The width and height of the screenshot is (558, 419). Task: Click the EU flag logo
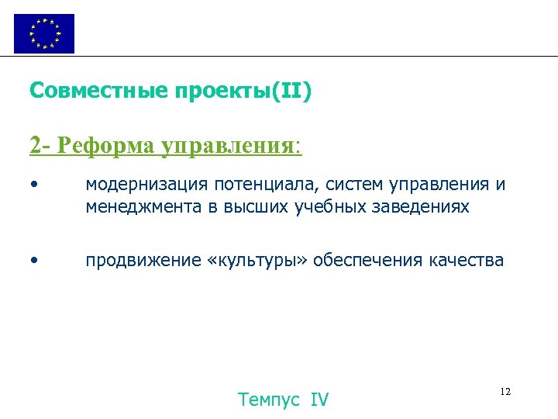pyautogui.click(x=44, y=33)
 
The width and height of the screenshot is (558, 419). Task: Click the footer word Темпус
pyautogui.click(x=270, y=400)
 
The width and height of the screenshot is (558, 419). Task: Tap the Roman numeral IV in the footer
pyautogui.click(x=319, y=400)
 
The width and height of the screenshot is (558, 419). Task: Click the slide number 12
pyautogui.click(x=505, y=392)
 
